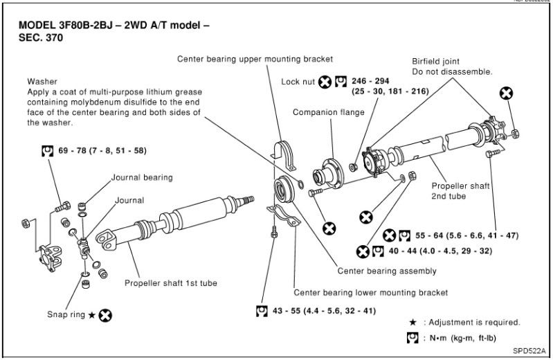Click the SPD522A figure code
tap(529, 350)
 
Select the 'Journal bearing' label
tap(142, 177)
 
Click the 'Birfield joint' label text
tap(435, 62)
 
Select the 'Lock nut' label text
tap(298, 82)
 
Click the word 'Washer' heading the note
tap(42, 81)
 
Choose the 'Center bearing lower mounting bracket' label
tap(370, 292)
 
